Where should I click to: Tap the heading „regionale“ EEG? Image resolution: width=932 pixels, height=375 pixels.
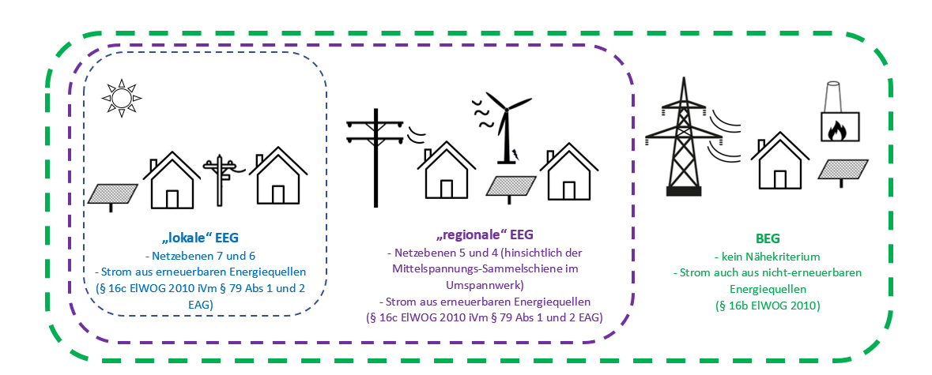[485, 234]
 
